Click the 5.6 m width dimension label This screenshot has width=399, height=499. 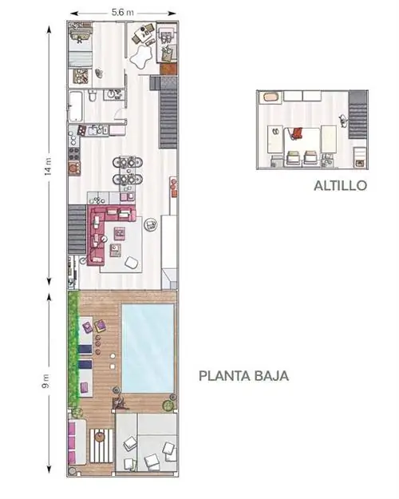click(x=123, y=13)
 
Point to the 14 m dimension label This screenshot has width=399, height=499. click(x=48, y=166)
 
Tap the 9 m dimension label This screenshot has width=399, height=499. click(x=45, y=381)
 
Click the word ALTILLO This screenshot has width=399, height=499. click(x=340, y=185)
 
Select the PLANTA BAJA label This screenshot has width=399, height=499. click(x=243, y=376)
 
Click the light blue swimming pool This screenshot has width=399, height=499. click(x=148, y=348)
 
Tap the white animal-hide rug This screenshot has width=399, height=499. click(x=140, y=57)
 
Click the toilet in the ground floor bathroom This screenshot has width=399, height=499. click(x=93, y=95)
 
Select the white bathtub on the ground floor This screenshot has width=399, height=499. click(x=77, y=106)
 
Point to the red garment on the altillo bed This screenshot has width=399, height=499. click(x=296, y=133)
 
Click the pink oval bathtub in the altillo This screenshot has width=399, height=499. click(x=271, y=97)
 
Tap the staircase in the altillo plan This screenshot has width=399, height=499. click(x=358, y=114)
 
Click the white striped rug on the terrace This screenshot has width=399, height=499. click(x=101, y=446)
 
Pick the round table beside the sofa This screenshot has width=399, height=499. click(x=151, y=225)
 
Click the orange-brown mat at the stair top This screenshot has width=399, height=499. click(x=168, y=69)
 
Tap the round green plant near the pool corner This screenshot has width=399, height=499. click(x=168, y=405)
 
